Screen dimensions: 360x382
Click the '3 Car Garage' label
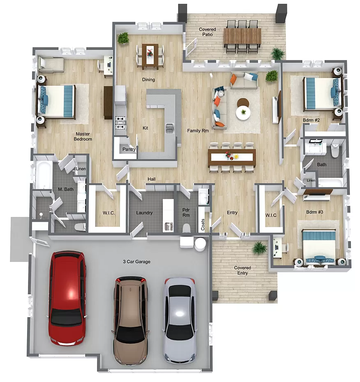[136, 262]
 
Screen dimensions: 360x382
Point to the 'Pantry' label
[129, 149]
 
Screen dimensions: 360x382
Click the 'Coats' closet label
[203, 224]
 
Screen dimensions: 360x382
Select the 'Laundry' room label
[144, 213]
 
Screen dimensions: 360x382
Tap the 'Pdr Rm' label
[186, 212]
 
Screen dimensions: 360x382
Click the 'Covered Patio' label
[208, 32]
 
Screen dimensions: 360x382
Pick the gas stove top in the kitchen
[121, 122]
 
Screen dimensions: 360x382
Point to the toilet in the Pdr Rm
[187, 228]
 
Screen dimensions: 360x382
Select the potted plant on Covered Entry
[259, 248]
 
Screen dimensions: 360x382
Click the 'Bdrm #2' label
[311, 120]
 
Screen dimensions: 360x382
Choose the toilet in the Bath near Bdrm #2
[335, 151]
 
